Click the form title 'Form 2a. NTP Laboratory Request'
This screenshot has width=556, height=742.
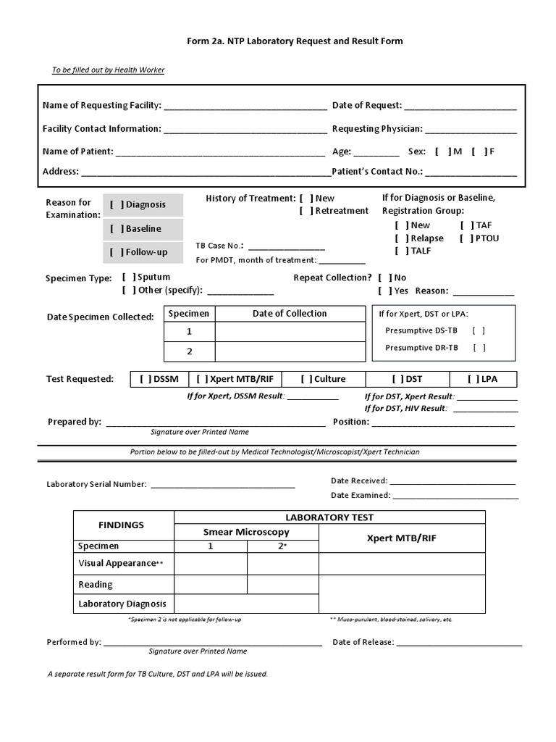coord(295,41)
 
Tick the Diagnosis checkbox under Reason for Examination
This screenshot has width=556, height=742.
coord(117,205)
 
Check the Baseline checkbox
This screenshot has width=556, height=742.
coord(117,229)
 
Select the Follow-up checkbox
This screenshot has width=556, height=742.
coord(117,252)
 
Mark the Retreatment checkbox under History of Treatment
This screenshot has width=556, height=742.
coord(306,211)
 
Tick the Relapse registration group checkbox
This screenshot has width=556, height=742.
coord(402,238)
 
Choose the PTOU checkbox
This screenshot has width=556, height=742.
coord(467,238)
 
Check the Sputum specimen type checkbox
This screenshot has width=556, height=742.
coord(129,277)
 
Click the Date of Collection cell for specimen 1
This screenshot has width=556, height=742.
coord(290,332)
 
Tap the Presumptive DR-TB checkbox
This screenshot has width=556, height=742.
coord(479,348)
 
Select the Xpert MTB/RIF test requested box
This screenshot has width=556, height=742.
coord(234,379)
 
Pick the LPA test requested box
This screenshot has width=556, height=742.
coord(483,379)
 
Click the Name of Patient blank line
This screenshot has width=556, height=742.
coord(220,153)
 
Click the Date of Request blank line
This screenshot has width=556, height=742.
coord(460,107)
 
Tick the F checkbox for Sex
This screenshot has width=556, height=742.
coord(479,152)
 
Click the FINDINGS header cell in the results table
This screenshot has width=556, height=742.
coord(121,525)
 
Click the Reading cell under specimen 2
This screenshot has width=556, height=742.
coord(282,585)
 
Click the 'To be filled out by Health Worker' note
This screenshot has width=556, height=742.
coord(108,70)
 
